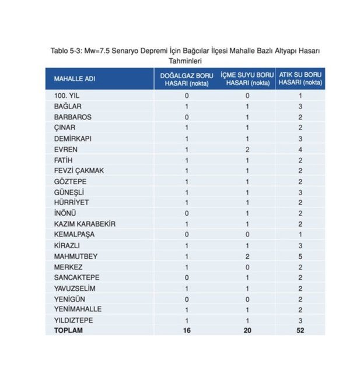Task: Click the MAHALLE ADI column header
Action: point(74,79)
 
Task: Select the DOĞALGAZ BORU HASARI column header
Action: point(187,79)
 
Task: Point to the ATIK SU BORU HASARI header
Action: point(300,79)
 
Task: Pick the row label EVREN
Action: point(63,149)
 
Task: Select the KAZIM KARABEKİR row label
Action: point(84,224)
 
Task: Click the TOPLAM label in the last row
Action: point(68,330)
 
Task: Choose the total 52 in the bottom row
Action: point(300,330)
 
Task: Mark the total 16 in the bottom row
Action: point(187,330)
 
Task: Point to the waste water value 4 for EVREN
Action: point(300,149)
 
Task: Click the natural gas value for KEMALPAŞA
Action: point(187,234)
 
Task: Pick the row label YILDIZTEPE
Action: point(73,320)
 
